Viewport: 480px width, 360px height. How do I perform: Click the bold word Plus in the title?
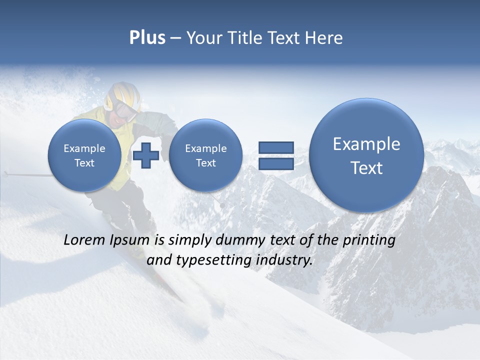[x=147, y=38]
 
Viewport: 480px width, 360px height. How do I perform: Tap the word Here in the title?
[x=324, y=38]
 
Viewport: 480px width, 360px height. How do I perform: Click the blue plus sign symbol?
[x=146, y=155]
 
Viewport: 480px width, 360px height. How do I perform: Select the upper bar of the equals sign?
[x=275, y=147]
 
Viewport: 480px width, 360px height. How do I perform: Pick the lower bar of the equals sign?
[x=275, y=163]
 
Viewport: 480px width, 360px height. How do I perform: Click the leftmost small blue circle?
[x=84, y=155]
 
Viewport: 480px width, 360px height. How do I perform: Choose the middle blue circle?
[x=205, y=155]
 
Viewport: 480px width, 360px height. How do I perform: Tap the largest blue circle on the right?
[x=366, y=155]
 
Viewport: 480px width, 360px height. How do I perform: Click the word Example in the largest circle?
[x=366, y=144]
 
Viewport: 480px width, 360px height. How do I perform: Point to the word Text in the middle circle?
[x=205, y=163]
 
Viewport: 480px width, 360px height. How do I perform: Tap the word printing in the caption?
[x=369, y=240]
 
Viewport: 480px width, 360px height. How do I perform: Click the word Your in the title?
[x=202, y=38]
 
